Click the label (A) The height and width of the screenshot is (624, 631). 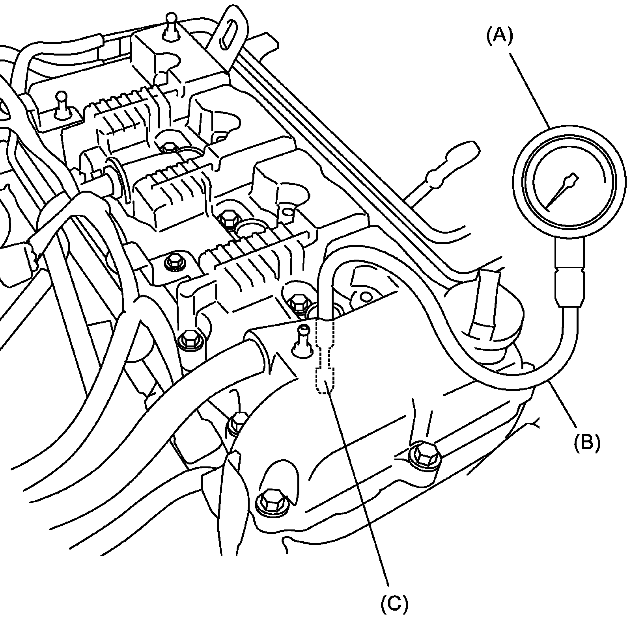pos(500,36)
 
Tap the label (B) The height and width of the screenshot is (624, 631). pos(586,442)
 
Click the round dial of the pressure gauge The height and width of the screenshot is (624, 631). pos(569,182)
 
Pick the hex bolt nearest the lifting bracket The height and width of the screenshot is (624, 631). pos(170,147)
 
